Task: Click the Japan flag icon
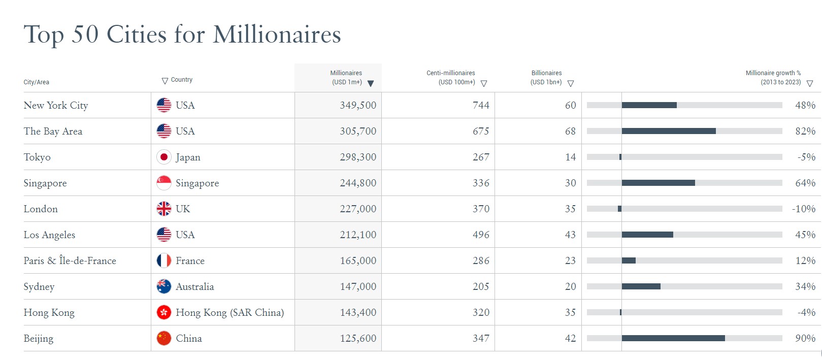tap(163, 157)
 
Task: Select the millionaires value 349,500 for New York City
tap(358, 106)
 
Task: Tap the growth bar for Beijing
tap(673, 338)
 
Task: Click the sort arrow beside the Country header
tap(165, 81)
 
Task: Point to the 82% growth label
tap(805, 132)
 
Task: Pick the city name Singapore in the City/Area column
tap(45, 183)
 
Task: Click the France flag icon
tap(163, 261)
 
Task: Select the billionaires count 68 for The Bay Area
tap(570, 132)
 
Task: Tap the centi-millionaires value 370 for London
tap(481, 209)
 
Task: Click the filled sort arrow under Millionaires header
tap(371, 84)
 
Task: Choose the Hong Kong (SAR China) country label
tap(229, 313)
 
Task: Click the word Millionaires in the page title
tap(277, 35)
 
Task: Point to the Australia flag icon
tap(163, 287)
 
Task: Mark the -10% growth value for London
tap(804, 209)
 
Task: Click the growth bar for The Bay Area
tap(669, 131)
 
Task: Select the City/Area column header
tap(37, 82)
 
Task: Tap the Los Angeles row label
tap(49, 235)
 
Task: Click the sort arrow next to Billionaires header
tap(571, 84)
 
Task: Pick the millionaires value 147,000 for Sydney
tap(358, 287)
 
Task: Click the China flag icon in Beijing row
tap(163, 339)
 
